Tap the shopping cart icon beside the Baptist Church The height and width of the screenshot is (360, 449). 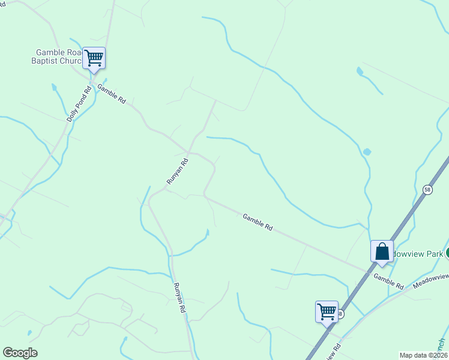click(x=94, y=58)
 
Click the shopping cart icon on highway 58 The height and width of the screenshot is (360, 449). click(x=327, y=311)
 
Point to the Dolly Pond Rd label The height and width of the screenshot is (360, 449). click(x=79, y=104)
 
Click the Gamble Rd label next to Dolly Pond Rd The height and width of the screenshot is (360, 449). click(x=111, y=93)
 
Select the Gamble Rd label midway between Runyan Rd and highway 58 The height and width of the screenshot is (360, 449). click(x=258, y=222)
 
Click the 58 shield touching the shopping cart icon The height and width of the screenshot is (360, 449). click(x=340, y=314)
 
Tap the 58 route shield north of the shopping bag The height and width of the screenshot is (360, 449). click(x=427, y=190)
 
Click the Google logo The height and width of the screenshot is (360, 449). click(x=20, y=353)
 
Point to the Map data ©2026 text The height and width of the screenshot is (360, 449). click(x=423, y=355)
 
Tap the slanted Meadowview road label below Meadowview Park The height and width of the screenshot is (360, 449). click(x=433, y=278)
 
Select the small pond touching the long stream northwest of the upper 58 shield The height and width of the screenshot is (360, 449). click(x=367, y=152)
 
